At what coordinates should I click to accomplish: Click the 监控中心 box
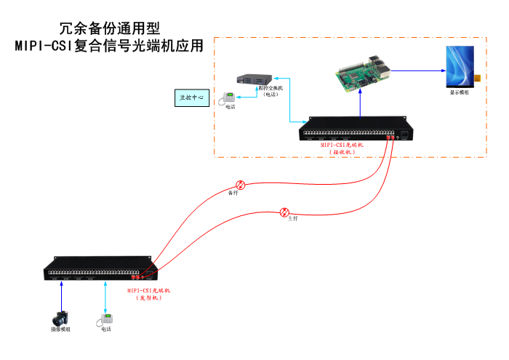click(x=192, y=97)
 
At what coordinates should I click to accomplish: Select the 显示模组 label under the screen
click(x=459, y=92)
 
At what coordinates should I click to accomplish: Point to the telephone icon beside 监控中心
click(x=229, y=98)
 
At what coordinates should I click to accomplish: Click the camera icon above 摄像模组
click(x=60, y=318)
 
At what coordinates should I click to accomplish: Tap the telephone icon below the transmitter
click(x=105, y=319)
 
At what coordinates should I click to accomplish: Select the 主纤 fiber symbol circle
click(x=284, y=212)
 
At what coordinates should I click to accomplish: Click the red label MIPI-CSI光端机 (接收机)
click(x=342, y=148)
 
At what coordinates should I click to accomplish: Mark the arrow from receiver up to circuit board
click(x=361, y=103)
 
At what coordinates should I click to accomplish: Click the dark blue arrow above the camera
click(x=62, y=295)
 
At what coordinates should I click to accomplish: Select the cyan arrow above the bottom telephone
click(x=106, y=295)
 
